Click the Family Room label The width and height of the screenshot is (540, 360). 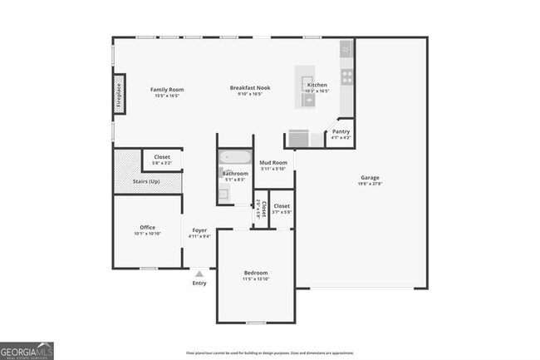pos(166,89)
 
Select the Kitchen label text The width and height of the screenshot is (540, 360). pos(317,86)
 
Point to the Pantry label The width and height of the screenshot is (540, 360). pos(341,131)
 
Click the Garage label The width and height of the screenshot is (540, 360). pos(370,178)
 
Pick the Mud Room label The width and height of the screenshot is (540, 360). pos(272,162)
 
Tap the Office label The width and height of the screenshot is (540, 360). pos(148,227)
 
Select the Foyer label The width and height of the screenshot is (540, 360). pos(199,230)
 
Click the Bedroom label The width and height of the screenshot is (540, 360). pos(256,273)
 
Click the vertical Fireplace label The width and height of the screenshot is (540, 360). pos(119,95)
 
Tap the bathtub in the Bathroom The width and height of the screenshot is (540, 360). pos(230,156)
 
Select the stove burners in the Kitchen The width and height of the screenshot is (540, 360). pos(346,76)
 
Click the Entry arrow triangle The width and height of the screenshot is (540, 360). pos(199,271)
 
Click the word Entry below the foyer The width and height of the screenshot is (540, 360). pos(199,284)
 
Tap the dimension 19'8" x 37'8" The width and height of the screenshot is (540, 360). pos(370,185)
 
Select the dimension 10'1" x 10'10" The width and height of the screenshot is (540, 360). pos(148,234)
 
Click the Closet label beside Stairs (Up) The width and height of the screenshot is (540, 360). pos(161,157)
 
